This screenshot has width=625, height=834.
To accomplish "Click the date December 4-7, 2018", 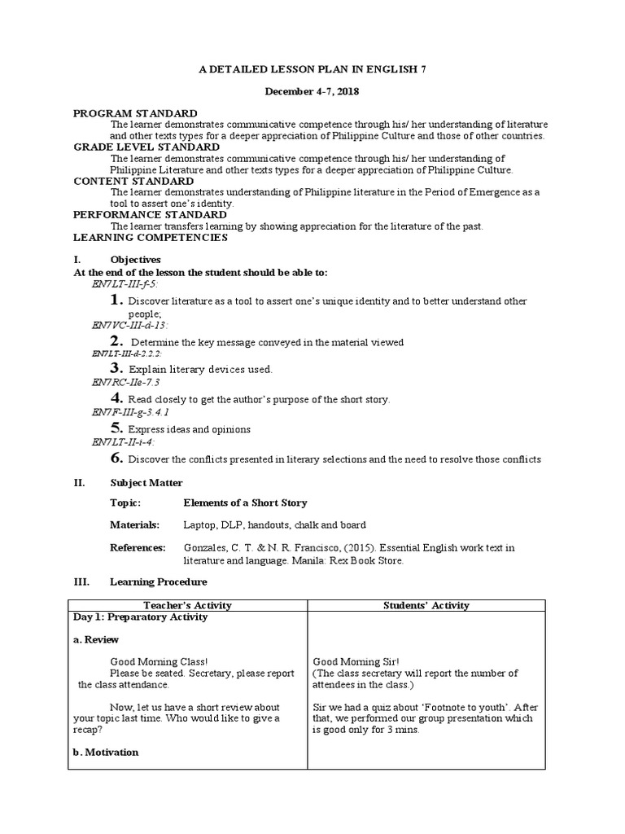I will point(312,94).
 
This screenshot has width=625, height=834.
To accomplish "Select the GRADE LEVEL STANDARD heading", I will point(150,147).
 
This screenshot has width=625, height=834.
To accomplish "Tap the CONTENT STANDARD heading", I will point(133,181).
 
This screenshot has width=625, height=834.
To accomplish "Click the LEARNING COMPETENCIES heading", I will point(151,238).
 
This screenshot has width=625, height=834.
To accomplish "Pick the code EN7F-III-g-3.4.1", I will point(129,413).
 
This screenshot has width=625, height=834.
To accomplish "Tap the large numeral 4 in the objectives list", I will point(117,397).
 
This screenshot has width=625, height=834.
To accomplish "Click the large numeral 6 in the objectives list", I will point(117,458).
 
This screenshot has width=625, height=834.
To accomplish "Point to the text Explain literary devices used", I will point(200,369).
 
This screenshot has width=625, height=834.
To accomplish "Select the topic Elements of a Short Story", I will point(245,503).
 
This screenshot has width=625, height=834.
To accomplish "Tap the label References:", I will point(138,547).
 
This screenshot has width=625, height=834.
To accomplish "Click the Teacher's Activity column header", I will point(187,605).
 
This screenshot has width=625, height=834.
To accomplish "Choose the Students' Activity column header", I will point(426,605).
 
